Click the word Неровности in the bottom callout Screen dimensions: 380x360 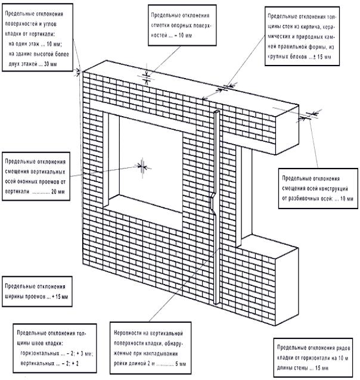(129, 331)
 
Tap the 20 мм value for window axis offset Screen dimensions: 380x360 (58, 192)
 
